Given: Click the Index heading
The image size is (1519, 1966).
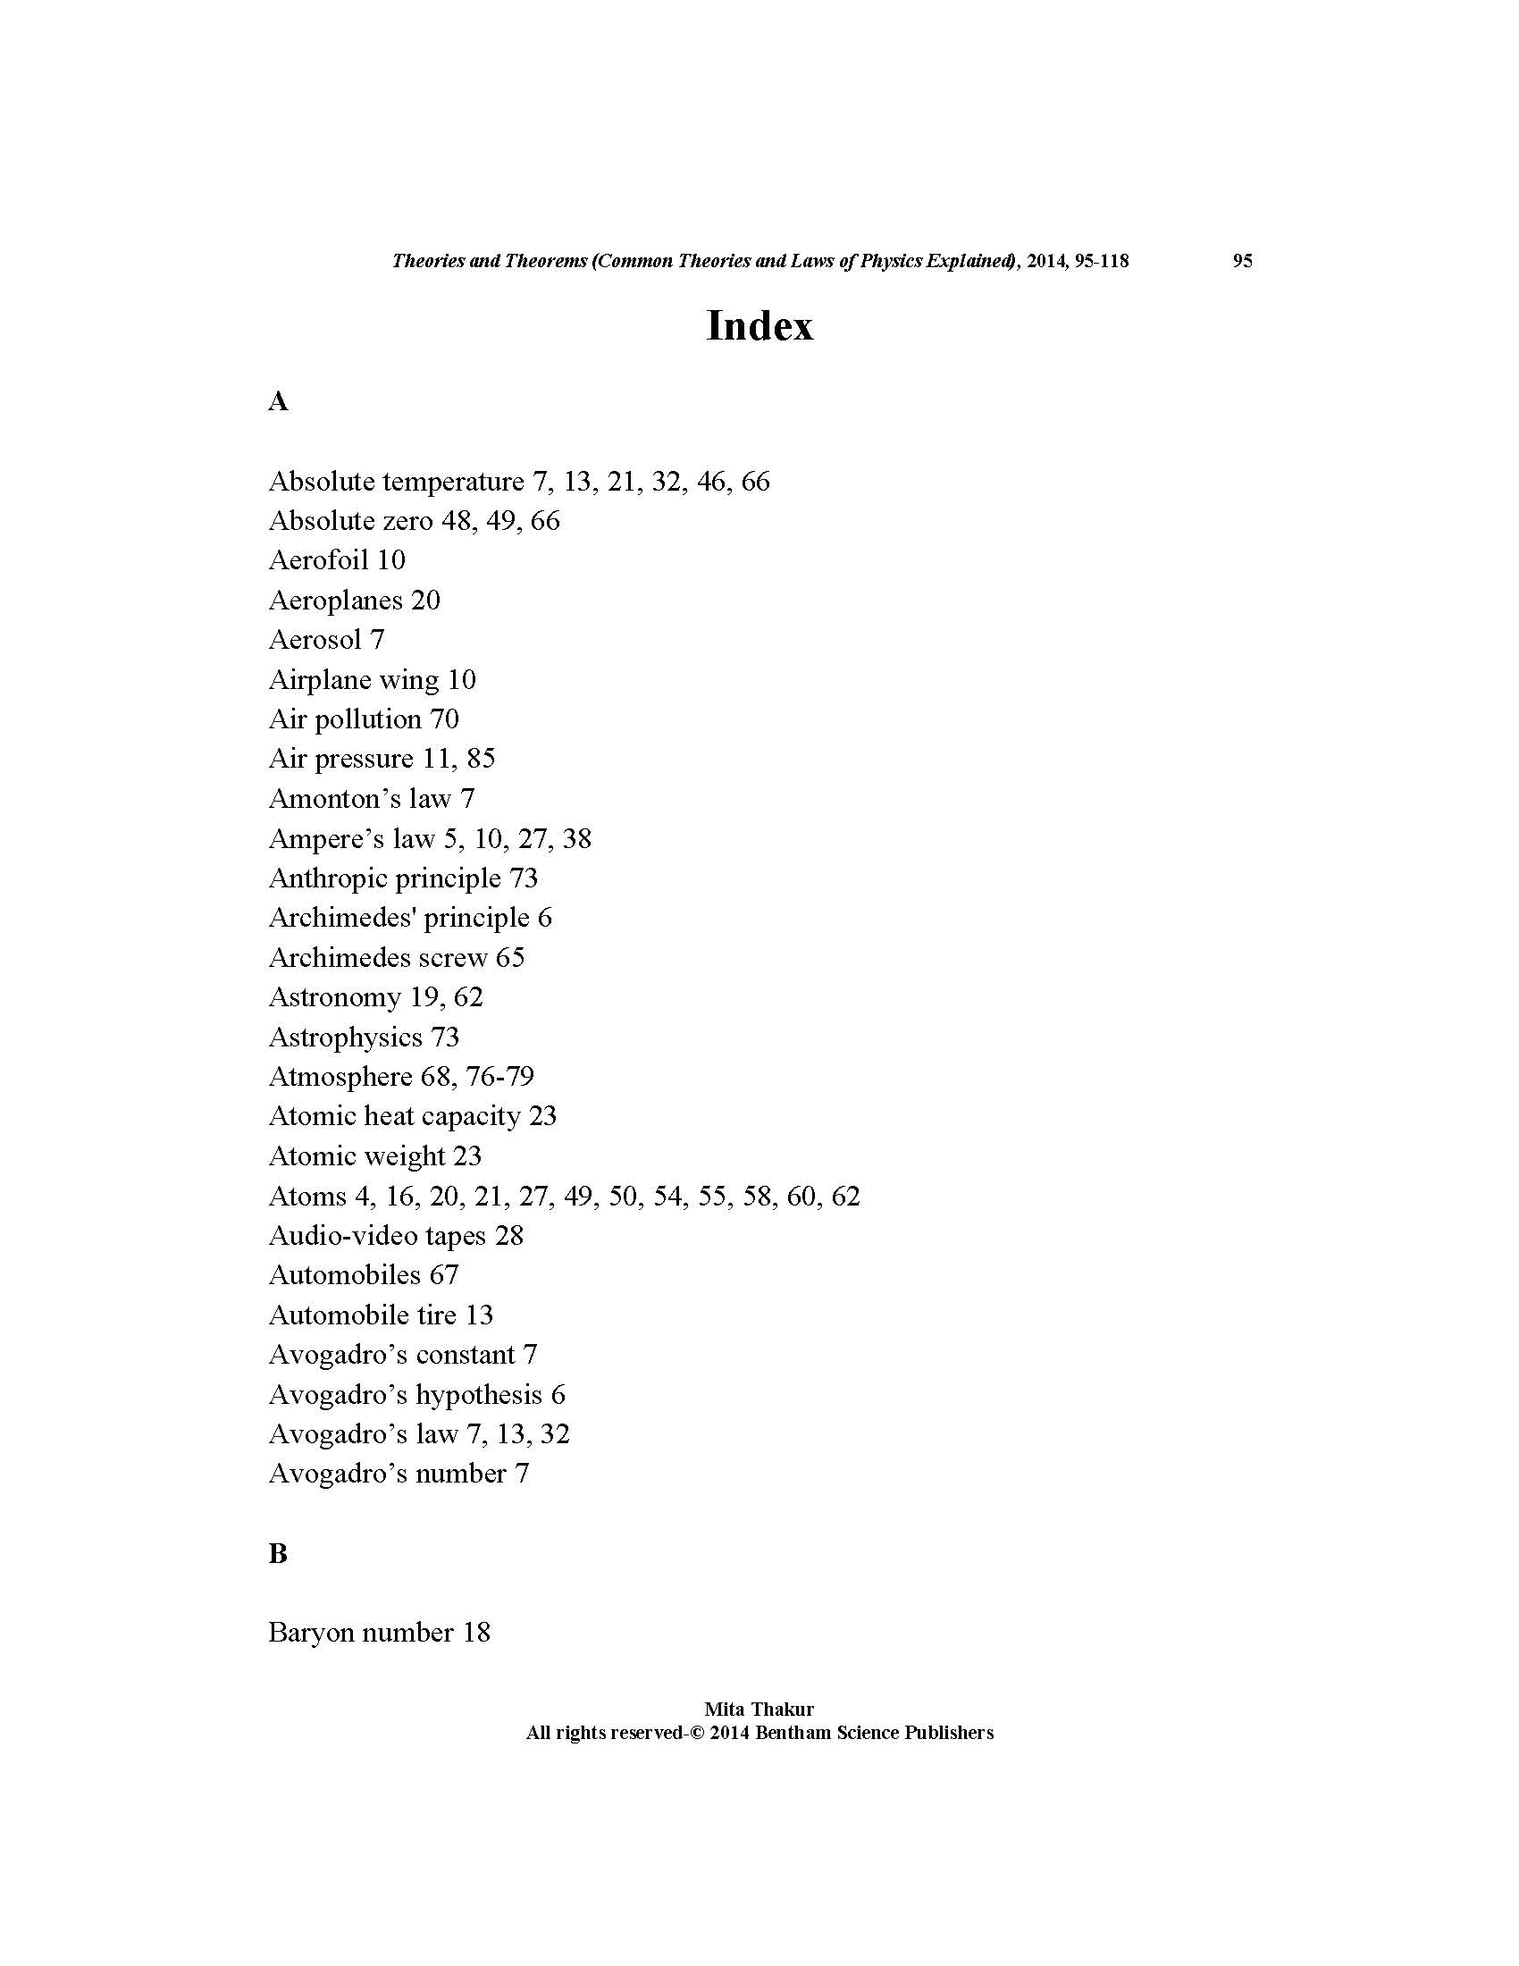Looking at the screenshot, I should tap(759, 326).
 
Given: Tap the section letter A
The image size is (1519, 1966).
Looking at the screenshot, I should tap(278, 401).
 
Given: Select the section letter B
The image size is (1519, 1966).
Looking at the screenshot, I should tap(278, 1553).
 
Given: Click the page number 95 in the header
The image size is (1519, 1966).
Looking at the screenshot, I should tap(1242, 261).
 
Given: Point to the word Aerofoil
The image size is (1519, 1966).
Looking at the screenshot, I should tap(318, 560).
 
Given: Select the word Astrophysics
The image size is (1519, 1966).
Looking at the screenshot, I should tap(345, 1037).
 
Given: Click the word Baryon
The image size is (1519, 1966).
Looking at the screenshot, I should tap(309, 1633).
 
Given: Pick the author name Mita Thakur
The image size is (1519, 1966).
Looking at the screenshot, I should tap(759, 1710).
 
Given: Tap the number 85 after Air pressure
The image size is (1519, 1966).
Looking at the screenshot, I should tap(481, 759).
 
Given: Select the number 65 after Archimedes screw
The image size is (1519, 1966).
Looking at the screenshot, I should tap(509, 958).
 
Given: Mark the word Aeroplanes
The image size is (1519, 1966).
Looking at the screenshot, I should tap(335, 601).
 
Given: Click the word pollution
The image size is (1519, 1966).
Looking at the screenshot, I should tap(367, 719).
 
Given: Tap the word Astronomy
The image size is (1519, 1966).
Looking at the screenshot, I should tap(334, 997).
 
